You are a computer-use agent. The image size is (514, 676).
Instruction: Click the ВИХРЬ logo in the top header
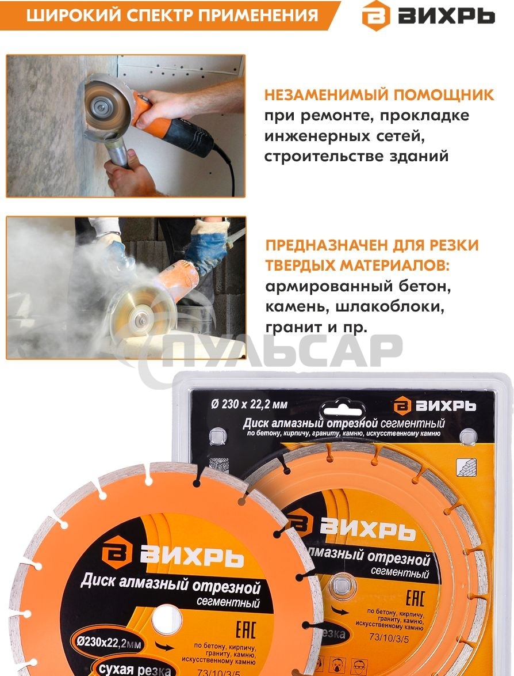click(428, 16)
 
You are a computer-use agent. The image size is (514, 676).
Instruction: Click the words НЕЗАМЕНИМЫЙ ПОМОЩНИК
click(379, 95)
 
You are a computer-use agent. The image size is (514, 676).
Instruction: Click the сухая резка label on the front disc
click(133, 670)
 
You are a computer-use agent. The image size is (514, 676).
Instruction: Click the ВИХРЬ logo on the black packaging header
click(435, 405)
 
